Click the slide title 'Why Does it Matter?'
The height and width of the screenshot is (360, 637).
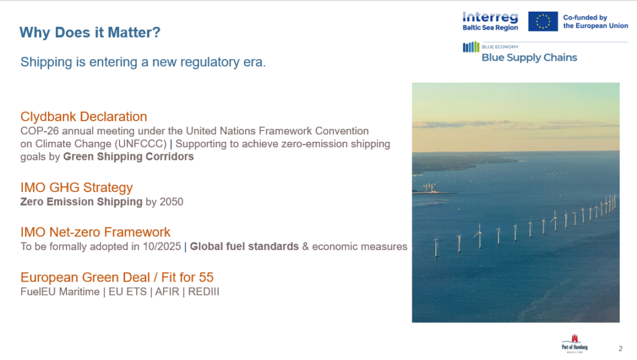pos(90,32)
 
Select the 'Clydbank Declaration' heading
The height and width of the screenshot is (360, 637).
pos(84,117)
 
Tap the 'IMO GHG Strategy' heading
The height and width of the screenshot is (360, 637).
pos(77,188)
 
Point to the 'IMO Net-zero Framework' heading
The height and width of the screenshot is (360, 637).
pos(95,232)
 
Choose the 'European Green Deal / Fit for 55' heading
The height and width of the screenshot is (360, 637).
pos(117,277)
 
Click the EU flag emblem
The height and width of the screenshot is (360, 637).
pos(542,22)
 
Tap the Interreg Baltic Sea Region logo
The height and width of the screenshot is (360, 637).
pos(490,22)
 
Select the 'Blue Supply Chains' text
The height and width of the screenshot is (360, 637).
pos(529,58)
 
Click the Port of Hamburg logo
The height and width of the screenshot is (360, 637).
pos(574,344)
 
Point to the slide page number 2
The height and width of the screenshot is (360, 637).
pos(620,349)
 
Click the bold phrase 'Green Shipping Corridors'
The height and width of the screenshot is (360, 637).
pos(128,157)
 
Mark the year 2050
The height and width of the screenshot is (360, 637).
pos(172,201)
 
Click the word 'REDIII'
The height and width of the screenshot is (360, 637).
pos(203,292)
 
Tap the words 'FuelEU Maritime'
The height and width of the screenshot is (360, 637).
pos(60,292)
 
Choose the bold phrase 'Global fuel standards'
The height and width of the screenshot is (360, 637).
pos(244,246)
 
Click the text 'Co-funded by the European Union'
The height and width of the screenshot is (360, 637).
pos(595,22)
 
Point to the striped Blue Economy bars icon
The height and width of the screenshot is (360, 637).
pos(472,47)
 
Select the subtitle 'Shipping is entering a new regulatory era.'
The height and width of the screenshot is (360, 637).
pos(143,62)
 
